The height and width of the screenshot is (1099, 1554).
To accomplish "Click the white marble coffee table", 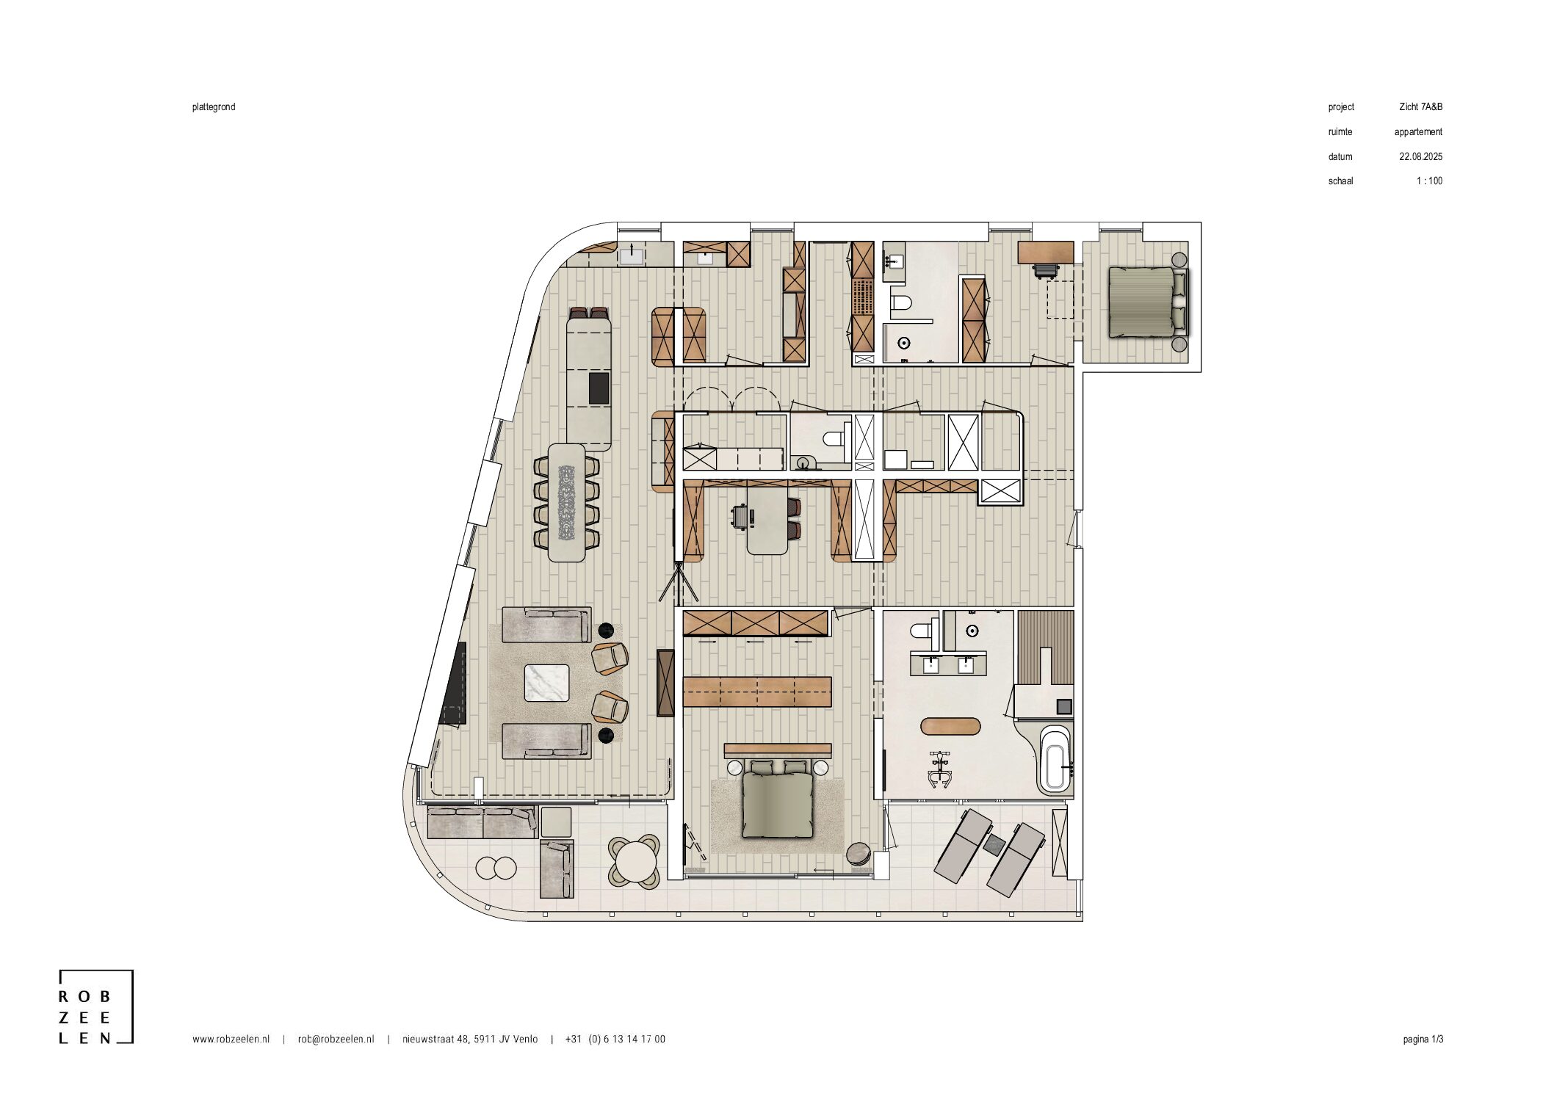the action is [x=546, y=683].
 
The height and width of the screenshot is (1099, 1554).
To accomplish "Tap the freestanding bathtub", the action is [x=1055, y=759].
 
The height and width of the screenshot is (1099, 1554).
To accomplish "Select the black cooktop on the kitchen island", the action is [x=599, y=388].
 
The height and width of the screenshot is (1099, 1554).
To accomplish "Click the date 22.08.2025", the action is [x=1420, y=156].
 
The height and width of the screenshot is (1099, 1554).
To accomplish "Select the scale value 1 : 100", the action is [x=1429, y=181].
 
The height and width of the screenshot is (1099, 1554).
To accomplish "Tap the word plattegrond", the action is [x=214, y=107].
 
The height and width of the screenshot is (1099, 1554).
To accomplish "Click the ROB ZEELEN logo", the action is [x=96, y=1007].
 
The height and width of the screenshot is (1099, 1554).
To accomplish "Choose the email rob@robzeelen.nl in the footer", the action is [x=336, y=1039].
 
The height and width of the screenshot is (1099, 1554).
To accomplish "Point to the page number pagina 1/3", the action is [x=1423, y=1039].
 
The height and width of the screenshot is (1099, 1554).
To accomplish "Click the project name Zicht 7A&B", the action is [x=1420, y=107].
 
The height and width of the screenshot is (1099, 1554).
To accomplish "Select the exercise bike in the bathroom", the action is [x=940, y=769].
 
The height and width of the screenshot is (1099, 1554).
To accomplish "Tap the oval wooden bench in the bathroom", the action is [x=950, y=727].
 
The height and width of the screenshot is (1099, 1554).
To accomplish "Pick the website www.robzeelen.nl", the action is [x=231, y=1039].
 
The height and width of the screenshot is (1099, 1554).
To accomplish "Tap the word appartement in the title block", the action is [x=1418, y=132].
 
